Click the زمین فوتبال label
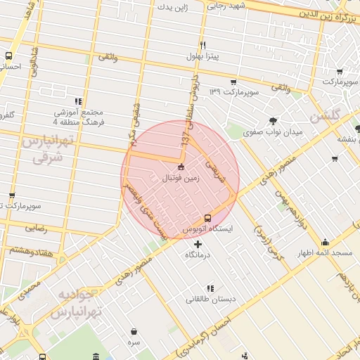pyautogui.click(x=181, y=179)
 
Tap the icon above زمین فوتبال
pyautogui.click(x=181, y=167)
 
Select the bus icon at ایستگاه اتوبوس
pyautogui.click(x=207, y=218)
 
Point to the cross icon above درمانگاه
pyautogui.click(x=197, y=243)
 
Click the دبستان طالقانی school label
pyautogui.click(x=210, y=299)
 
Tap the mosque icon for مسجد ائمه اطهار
pyautogui.click(x=324, y=242)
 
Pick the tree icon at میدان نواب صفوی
pyautogui.click(x=273, y=120)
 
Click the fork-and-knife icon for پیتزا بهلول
pyautogui.click(x=202, y=44)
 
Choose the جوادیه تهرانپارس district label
pyautogui.click(x=75, y=302)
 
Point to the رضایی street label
pyautogui.click(x=37, y=228)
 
